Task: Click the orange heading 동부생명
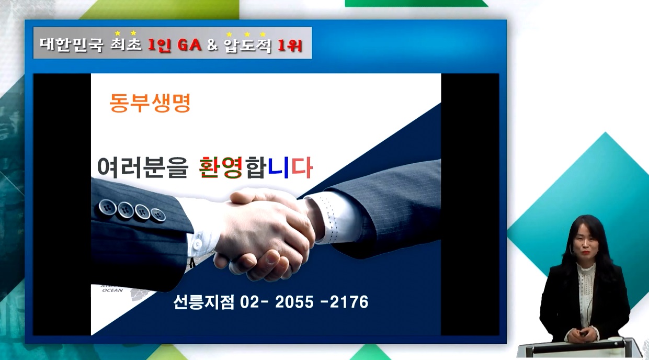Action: [x=150, y=103]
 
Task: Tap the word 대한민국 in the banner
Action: [x=72, y=44]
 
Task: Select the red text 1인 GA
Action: [x=175, y=45]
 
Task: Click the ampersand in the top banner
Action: [x=212, y=45]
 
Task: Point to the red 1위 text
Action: [x=290, y=46]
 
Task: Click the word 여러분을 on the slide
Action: [x=143, y=167]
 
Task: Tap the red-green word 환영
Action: [x=221, y=167]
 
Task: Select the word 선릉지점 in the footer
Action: [x=203, y=302]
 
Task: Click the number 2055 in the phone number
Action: [x=294, y=302]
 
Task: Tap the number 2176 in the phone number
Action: [x=349, y=302]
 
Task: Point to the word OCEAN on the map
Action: [x=113, y=290]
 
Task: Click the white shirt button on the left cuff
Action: [x=198, y=244]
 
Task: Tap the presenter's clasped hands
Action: [x=583, y=334]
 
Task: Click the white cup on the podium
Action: [x=615, y=339]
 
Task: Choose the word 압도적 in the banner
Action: [x=248, y=46]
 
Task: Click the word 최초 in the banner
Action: [x=126, y=44]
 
